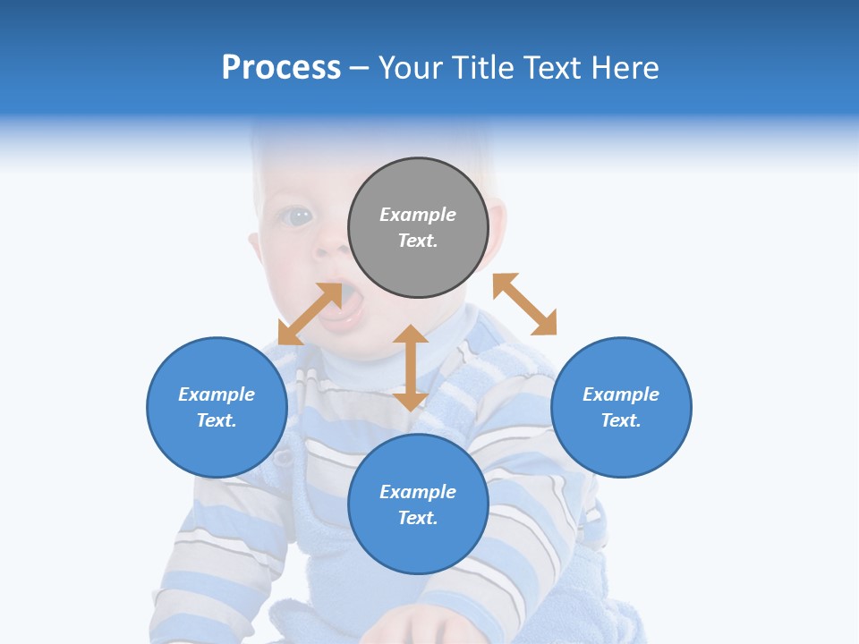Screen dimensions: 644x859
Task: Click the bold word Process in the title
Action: click(x=281, y=68)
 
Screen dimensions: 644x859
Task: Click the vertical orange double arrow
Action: click(x=411, y=368)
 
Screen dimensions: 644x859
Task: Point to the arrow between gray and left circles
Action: click(x=310, y=314)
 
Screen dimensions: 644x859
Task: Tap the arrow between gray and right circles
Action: click(x=524, y=304)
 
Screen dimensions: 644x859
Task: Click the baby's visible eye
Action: click(x=298, y=216)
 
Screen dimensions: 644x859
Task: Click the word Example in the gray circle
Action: click(x=418, y=215)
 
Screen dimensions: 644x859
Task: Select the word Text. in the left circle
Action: click(x=217, y=420)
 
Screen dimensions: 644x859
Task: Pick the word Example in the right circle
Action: click(x=621, y=394)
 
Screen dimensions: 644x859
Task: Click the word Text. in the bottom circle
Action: click(x=418, y=518)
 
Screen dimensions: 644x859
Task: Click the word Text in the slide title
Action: click(x=554, y=68)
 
